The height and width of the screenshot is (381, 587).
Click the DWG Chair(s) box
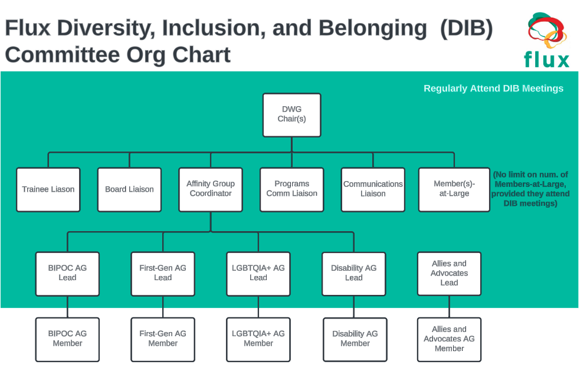click(x=291, y=115)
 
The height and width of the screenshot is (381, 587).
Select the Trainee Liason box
click(x=48, y=189)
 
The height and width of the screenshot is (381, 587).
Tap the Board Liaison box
click(x=129, y=189)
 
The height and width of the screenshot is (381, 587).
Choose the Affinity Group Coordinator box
click(x=211, y=189)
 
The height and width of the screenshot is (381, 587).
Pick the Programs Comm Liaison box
click(x=291, y=189)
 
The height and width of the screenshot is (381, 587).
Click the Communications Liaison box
click(x=373, y=189)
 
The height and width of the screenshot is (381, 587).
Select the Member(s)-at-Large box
click(x=454, y=189)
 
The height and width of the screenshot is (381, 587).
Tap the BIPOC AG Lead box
click(x=67, y=274)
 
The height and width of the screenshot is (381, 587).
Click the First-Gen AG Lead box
click(x=163, y=274)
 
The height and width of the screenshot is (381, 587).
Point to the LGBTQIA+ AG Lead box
click(x=258, y=274)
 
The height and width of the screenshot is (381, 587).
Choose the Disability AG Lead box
click(x=354, y=274)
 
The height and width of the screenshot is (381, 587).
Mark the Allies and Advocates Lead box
click(x=449, y=274)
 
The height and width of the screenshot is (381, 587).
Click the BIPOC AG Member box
click(x=67, y=339)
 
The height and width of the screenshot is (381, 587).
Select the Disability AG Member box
click(x=355, y=339)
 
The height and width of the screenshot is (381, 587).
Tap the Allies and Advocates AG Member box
click(x=449, y=339)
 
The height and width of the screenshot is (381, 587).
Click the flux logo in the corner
click(x=547, y=40)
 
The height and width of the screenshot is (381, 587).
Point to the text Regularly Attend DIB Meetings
click(x=493, y=88)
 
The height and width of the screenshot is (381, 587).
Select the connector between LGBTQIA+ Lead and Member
click(x=258, y=307)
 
